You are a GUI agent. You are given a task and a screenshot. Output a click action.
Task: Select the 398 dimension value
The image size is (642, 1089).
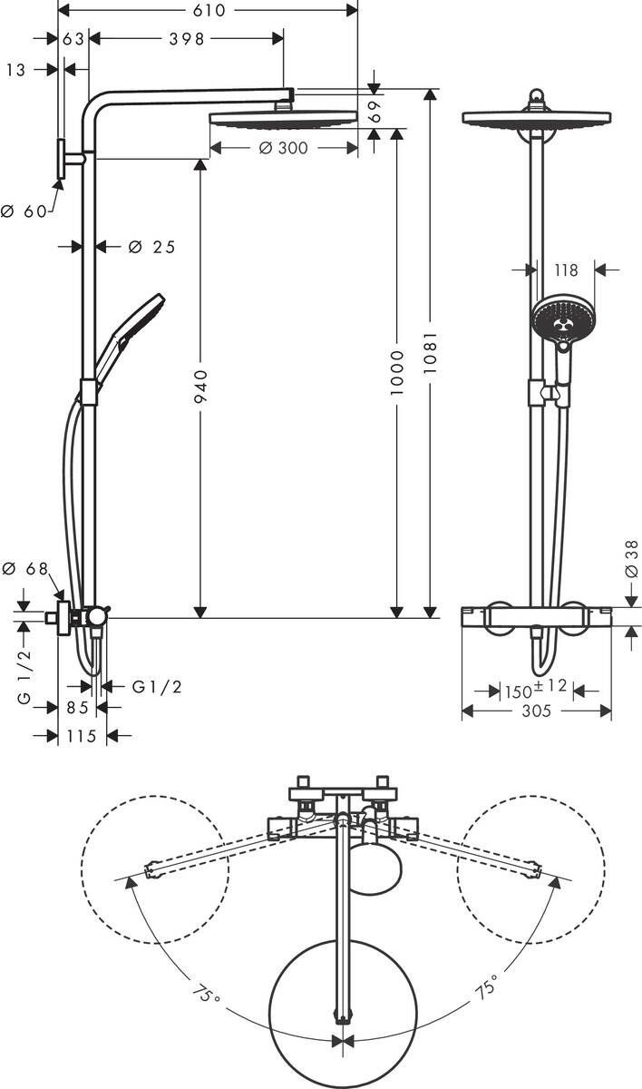pyautogui.click(x=188, y=38)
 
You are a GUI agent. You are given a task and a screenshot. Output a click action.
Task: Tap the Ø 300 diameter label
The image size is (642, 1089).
pyautogui.click(x=282, y=148)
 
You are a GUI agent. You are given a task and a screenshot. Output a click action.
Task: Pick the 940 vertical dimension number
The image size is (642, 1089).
pyautogui.click(x=201, y=386)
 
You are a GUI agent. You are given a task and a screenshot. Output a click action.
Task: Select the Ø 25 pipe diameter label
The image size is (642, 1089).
pyautogui.click(x=151, y=247)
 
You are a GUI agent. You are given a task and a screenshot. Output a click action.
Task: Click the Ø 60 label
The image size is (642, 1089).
pyautogui.click(x=24, y=211)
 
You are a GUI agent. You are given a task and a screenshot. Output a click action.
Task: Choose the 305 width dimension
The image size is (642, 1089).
pyautogui.click(x=536, y=711)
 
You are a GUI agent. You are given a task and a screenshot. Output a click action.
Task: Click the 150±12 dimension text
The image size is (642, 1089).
pyautogui.click(x=535, y=689)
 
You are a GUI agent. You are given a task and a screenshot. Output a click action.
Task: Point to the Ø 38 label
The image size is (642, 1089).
pyautogui.click(x=632, y=562)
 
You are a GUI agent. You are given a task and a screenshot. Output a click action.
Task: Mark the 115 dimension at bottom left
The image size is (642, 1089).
pyautogui.click(x=82, y=736)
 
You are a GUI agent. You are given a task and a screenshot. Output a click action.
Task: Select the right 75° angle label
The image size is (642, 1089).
pyautogui.click(x=486, y=987)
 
